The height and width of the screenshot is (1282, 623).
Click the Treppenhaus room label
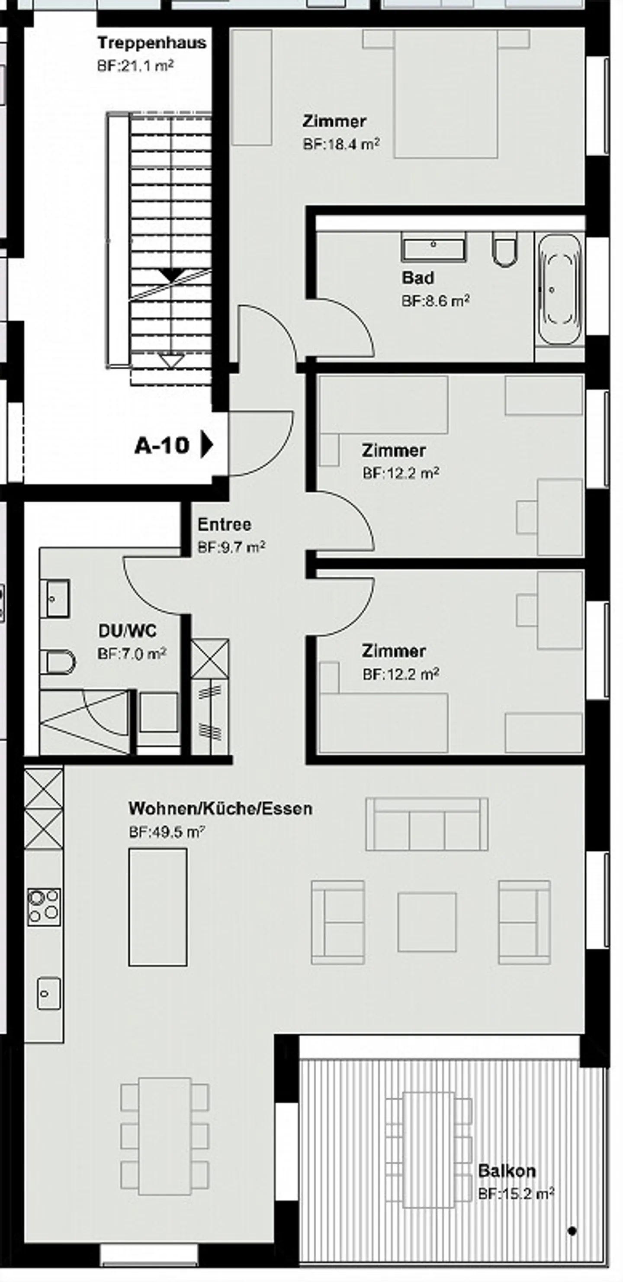click(x=152, y=43)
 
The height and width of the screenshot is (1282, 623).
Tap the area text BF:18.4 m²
click(x=341, y=144)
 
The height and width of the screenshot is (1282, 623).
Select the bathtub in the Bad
click(x=560, y=289)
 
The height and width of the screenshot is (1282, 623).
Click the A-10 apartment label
click(x=162, y=445)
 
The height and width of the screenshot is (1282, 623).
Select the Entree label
click(x=224, y=524)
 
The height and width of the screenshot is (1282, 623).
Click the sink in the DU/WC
click(x=55, y=598)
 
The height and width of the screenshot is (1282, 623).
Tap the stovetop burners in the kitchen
click(x=44, y=907)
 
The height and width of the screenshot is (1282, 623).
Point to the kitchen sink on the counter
click(x=49, y=994)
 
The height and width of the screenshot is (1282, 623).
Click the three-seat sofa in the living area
click(x=427, y=824)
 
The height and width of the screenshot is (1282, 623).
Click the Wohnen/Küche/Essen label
click(x=220, y=809)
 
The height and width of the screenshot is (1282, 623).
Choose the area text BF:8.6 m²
click(x=436, y=300)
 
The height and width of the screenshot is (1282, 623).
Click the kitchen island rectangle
click(x=158, y=907)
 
